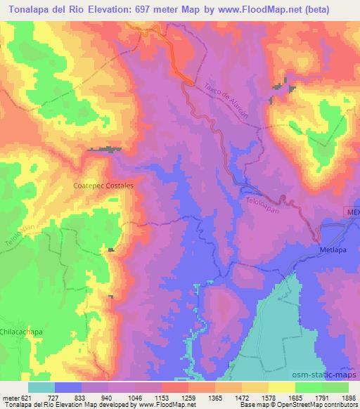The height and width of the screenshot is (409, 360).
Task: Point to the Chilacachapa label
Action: click(19, 330)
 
